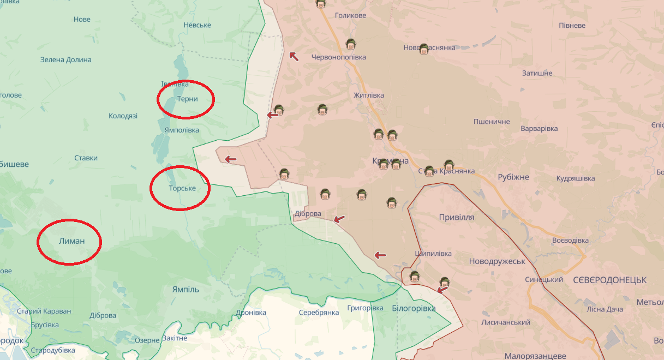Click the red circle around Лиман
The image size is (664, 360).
point(69,242)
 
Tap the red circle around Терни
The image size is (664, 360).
point(186,99)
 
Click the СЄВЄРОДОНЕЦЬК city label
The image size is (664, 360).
point(609,280)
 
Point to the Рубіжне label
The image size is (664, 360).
point(513,177)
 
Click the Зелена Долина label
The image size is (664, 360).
point(65,60)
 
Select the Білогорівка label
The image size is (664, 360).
point(414,309)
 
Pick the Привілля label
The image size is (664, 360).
point(457,217)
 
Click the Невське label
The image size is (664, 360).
point(198,26)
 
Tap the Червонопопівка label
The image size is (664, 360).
point(338,57)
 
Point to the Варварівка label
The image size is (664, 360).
point(539,129)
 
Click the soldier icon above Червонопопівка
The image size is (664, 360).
point(350,44)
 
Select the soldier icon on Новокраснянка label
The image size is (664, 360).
point(424,49)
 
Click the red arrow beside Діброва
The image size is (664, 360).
point(339,219)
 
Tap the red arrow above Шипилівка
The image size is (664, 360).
point(380,255)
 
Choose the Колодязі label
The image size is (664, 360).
point(123,116)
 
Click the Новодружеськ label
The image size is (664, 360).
point(497,261)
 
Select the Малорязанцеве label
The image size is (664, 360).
point(535,356)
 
